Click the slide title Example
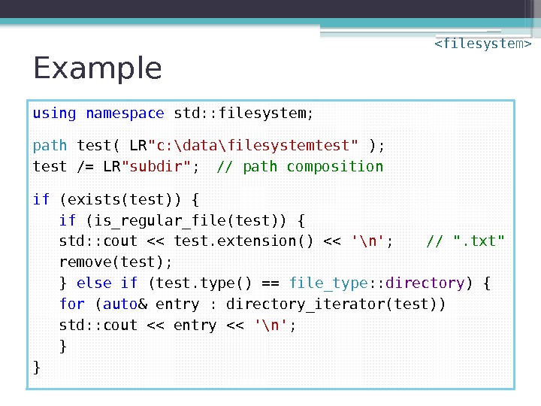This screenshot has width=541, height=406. coord(98,68)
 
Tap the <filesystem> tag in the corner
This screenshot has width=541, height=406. coord(482,44)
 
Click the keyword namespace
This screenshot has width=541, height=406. coord(125,114)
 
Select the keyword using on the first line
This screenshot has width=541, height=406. coord(54,114)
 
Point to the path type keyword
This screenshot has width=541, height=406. coord(50,145)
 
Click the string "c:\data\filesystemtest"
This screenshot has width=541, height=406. coord(254,145)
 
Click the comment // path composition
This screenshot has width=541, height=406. coord(300,166)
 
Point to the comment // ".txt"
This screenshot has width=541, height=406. coord(465,241)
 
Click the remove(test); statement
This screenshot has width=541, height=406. coord(116,262)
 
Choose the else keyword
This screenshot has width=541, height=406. coord(94,283)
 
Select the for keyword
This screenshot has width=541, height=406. coord(72,304)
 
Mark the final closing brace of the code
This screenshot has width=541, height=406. coord(37,368)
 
